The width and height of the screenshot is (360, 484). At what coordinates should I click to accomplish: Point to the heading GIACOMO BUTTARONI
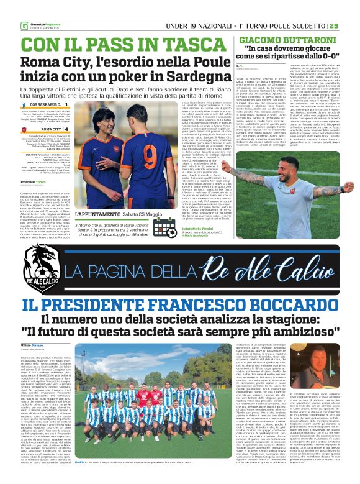click(282, 39)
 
